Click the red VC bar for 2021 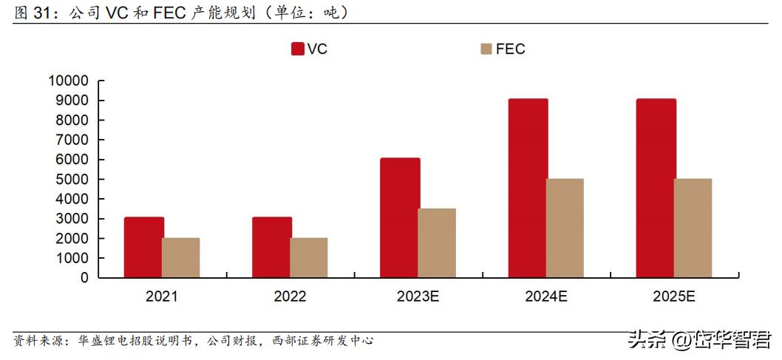[143, 248]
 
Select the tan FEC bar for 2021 [181, 258]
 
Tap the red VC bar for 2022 [271, 248]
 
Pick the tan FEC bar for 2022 [309, 258]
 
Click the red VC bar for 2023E [400, 218]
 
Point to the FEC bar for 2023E [437, 243]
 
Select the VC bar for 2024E [528, 189]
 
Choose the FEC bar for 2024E [565, 228]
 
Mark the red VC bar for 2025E [656, 189]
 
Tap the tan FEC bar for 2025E [693, 228]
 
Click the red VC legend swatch [298, 50]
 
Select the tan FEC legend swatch [486, 50]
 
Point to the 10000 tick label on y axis [68, 81]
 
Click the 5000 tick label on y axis [72, 180]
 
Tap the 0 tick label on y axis [84, 278]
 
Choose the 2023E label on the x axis [418, 297]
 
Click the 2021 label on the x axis [162, 297]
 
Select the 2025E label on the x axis [673, 297]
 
